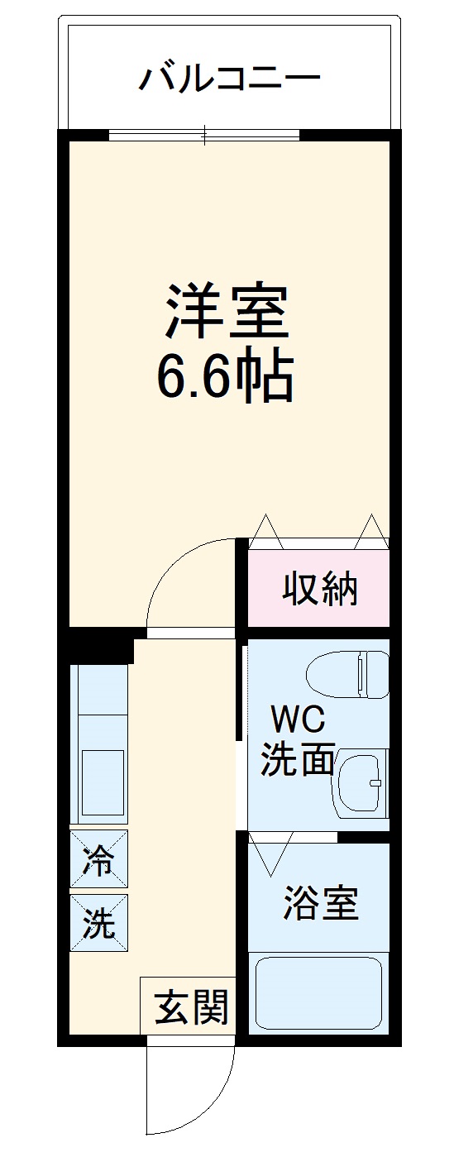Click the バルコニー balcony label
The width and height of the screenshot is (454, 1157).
tap(229, 79)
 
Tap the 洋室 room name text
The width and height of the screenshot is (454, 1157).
tap(228, 311)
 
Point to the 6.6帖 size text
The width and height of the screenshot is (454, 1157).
tap(226, 376)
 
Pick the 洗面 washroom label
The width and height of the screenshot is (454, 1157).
tap(297, 759)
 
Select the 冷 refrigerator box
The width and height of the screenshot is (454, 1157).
tap(99, 860)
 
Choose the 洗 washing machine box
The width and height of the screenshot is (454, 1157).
tap(99, 923)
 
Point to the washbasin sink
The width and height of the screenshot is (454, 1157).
tap(361, 782)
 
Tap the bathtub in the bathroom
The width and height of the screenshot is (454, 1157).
tap(318, 992)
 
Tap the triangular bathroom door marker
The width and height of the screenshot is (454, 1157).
tap(271, 854)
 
